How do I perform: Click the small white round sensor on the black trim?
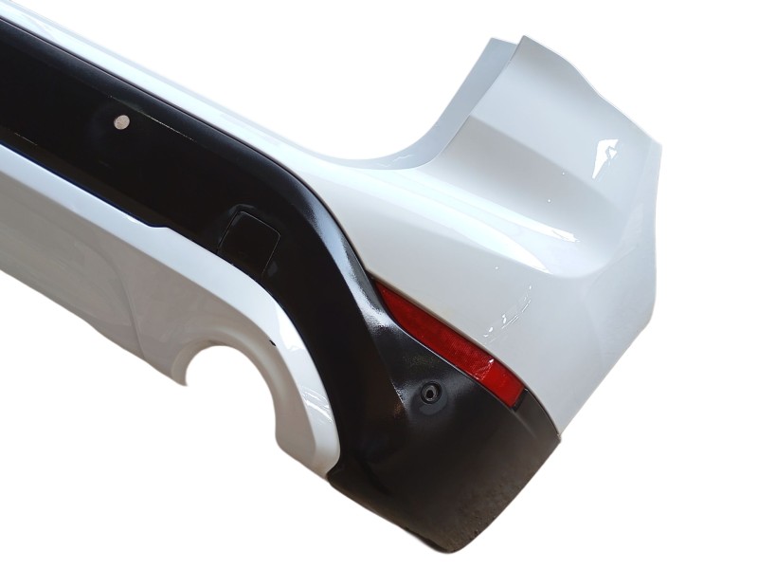(121, 121)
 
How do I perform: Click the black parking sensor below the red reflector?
(431, 394)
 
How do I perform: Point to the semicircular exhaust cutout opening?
(227, 379)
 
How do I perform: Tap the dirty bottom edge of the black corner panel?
(445, 531)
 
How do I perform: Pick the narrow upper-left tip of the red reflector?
(379, 286)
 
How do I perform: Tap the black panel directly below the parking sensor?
(436, 455)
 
